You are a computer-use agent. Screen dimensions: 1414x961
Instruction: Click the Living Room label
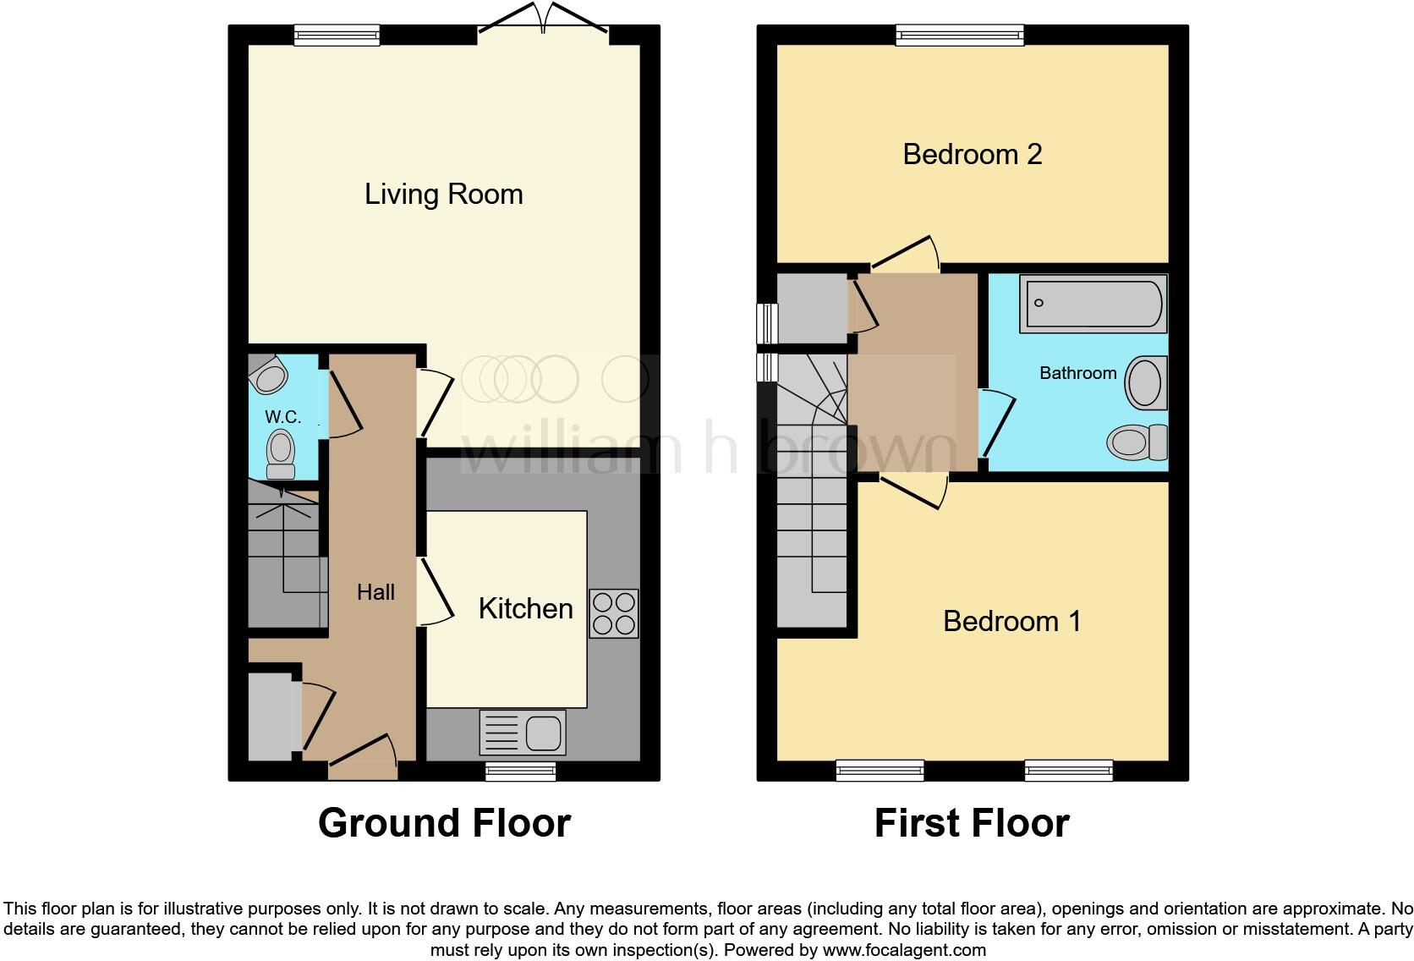click(x=444, y=194)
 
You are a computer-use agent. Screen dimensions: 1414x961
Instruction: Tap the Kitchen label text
click(x=526, y=609)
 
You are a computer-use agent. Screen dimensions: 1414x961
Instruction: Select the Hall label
click(x=375, y=592)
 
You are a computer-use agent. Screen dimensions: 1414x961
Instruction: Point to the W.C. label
click(x=282, y=417)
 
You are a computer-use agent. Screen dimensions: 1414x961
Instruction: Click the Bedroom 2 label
click(x=973, y=154)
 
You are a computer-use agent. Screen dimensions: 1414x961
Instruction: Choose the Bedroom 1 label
click(x=1012, y=621)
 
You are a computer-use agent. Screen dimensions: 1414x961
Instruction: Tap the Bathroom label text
click(x=1078, y=373)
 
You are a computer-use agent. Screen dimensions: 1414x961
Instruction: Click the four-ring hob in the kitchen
click(x=614, y=613)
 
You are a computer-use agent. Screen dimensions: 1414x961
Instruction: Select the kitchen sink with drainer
click(x=523, y=733)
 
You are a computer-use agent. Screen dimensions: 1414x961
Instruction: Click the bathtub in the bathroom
click(x=1093, y=304)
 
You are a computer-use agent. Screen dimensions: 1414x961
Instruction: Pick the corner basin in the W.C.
click(x=267, y=375)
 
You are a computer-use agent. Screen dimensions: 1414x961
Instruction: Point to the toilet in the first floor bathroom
click(x=1137, y=442)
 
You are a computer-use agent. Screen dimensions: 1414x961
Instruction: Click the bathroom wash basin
click(x=1146, y=382)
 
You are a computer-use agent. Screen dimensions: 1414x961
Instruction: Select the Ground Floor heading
click(x=444, y=823)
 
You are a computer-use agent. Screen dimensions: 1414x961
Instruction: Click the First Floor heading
click(x=973, y=823)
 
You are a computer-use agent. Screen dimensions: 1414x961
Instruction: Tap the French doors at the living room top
click(x=544, y=22)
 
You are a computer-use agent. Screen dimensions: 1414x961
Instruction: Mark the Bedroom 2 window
click(x=960, y=35)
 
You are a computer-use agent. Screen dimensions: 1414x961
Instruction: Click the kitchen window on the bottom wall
click(x=521, y=771)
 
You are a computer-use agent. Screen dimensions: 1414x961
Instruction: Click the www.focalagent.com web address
click(x=904, y=950)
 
